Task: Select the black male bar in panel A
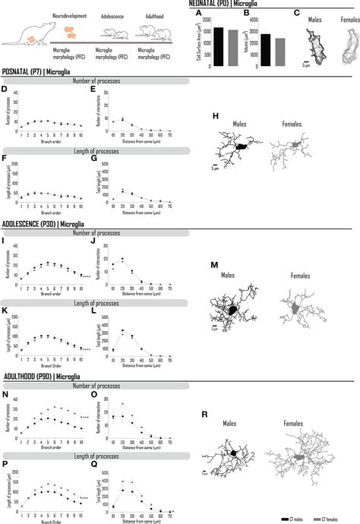pyautogui.click(x=218, y=47)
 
